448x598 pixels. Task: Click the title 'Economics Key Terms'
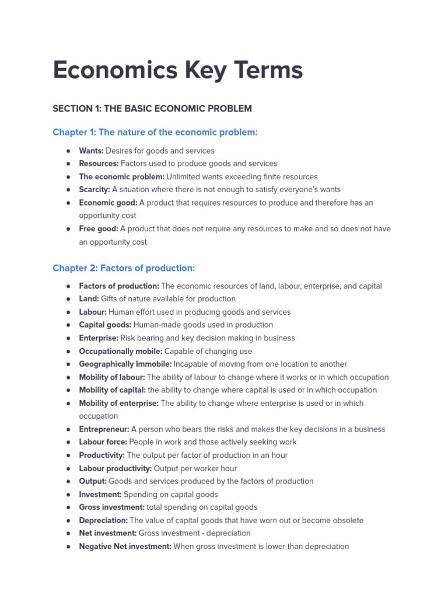tap(177, 71)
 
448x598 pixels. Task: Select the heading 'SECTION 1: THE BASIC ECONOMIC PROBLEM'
tap(152, 109)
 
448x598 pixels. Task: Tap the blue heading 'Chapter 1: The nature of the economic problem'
tap(155, 133)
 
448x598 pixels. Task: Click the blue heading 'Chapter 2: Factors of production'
tap(124, 268)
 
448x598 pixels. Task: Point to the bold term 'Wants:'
tap(91, 151)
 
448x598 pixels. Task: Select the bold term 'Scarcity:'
tap(94, 189)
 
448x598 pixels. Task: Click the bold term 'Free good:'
tap(99, 228)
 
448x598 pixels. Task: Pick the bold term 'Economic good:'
tap(108, 203)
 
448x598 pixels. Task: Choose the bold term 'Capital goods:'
tap(105, 325)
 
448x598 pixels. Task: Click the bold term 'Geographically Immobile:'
tap(125, 364)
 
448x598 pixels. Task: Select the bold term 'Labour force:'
tap(103, 442)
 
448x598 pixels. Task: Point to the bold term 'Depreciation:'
tap(103, 520)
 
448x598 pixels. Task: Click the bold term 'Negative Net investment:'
tap(125, 547)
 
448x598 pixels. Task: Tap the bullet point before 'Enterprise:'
tap(68, 338)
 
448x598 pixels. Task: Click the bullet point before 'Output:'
tap(68, 481)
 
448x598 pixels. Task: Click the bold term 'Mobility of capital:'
tap(112, 390)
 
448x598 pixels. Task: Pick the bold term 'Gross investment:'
tap(111, 507)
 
